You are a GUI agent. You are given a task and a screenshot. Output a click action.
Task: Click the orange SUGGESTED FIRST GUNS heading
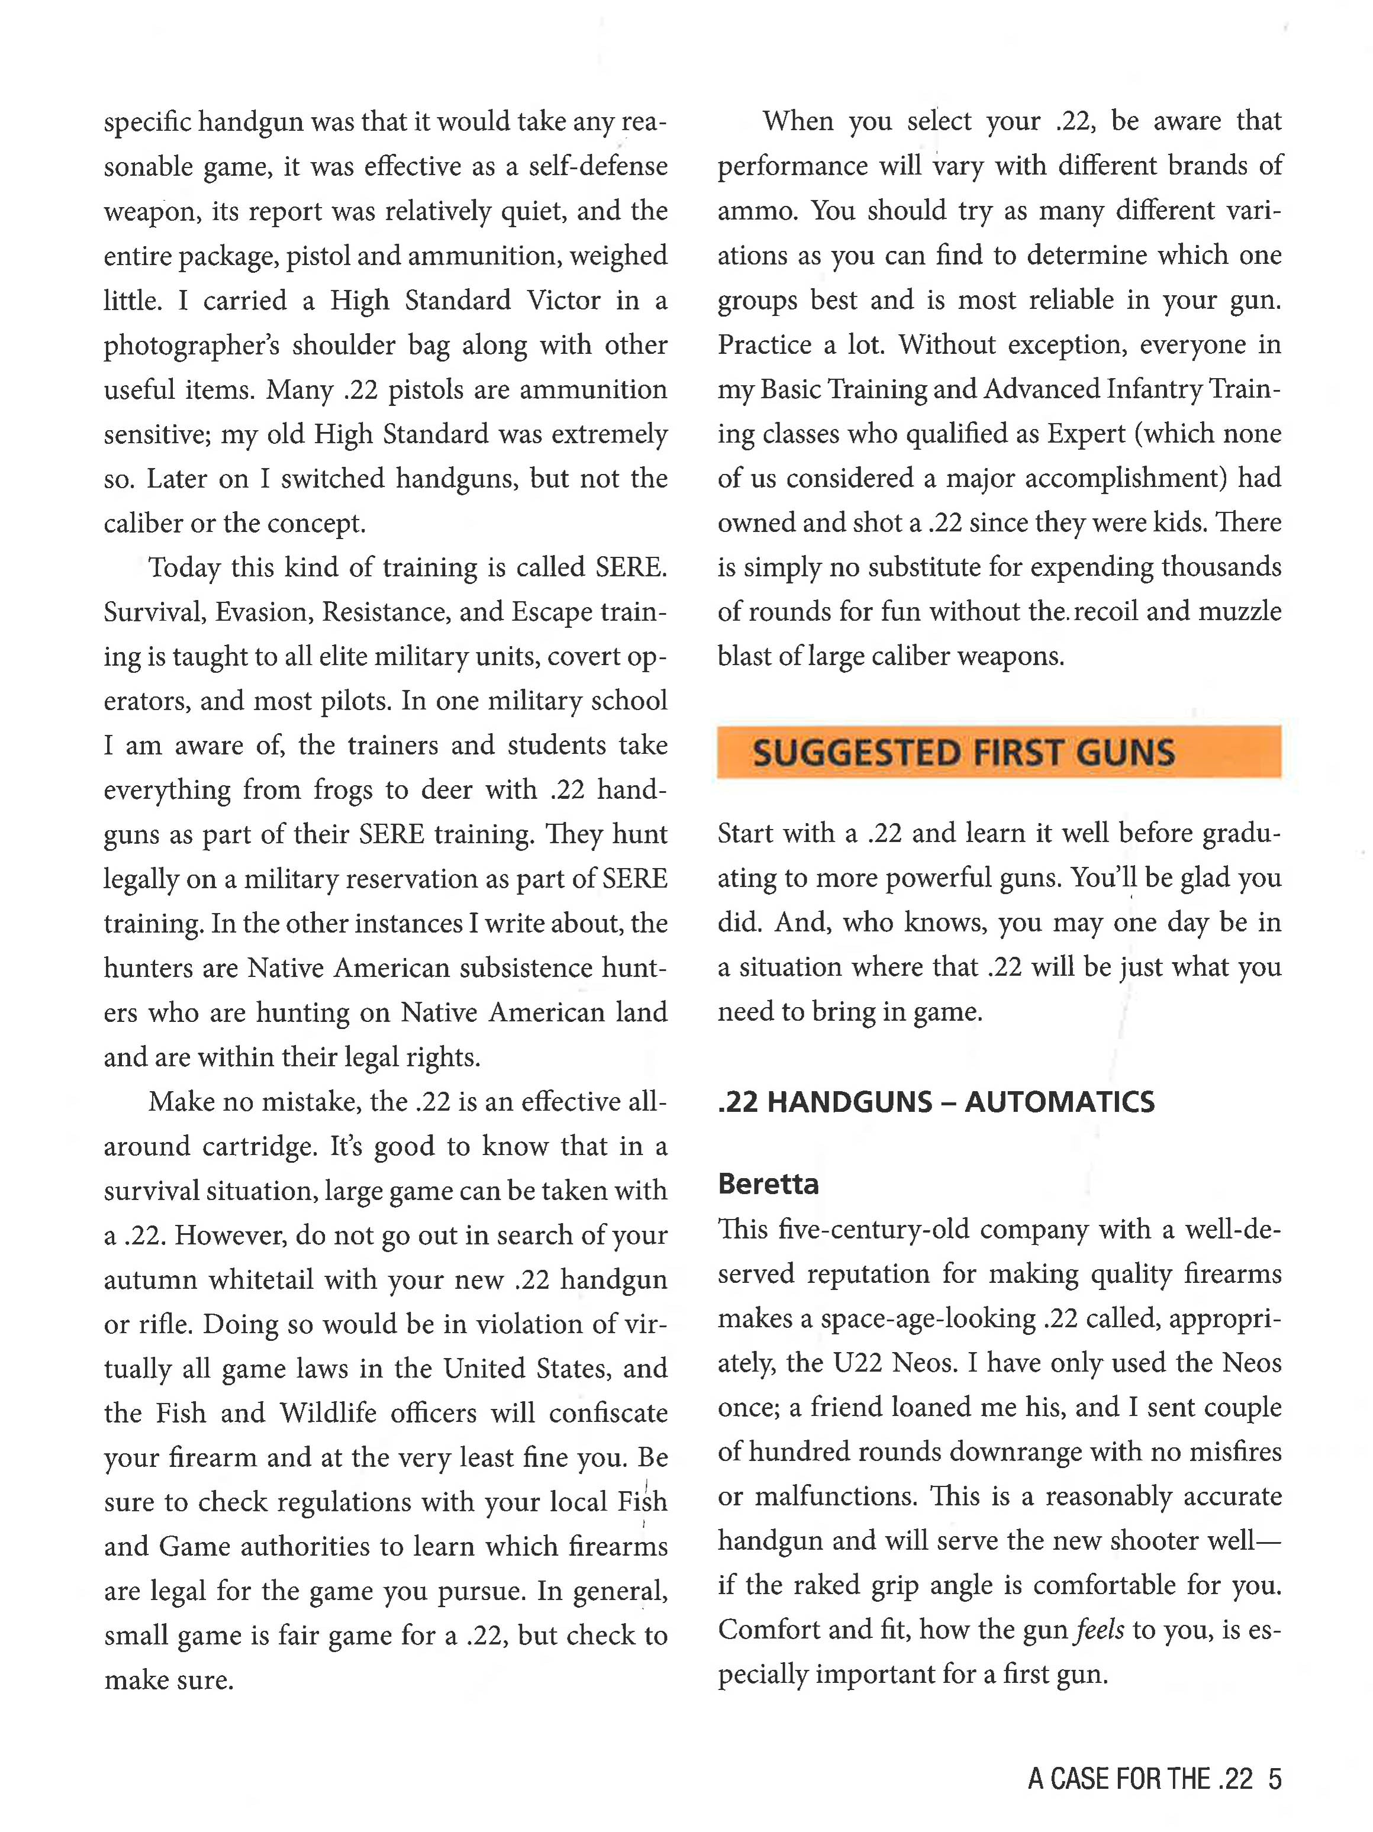[x=962, y=753]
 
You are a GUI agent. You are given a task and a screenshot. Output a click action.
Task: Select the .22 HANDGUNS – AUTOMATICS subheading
[x=936, y=1102]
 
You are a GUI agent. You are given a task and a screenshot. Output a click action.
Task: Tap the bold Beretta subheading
[x=768, y=1184]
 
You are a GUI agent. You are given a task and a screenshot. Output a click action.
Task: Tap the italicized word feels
[x=1100, y=1630]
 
